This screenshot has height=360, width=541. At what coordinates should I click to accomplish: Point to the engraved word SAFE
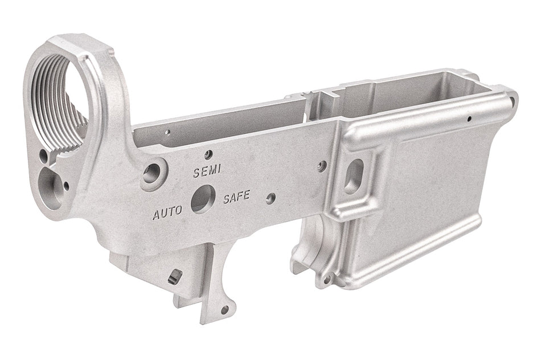point(236,198)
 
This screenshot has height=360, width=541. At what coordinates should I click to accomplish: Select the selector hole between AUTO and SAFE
point(202,199)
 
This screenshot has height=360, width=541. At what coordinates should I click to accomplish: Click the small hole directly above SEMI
point(208,154)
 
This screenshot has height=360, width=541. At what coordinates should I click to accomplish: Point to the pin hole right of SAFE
point(271,198)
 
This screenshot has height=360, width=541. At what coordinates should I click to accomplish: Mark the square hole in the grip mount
point(175,277)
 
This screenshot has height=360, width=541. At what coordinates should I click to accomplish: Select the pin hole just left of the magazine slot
point(322,166)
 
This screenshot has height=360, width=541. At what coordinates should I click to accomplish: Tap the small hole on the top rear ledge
point(167,133)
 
